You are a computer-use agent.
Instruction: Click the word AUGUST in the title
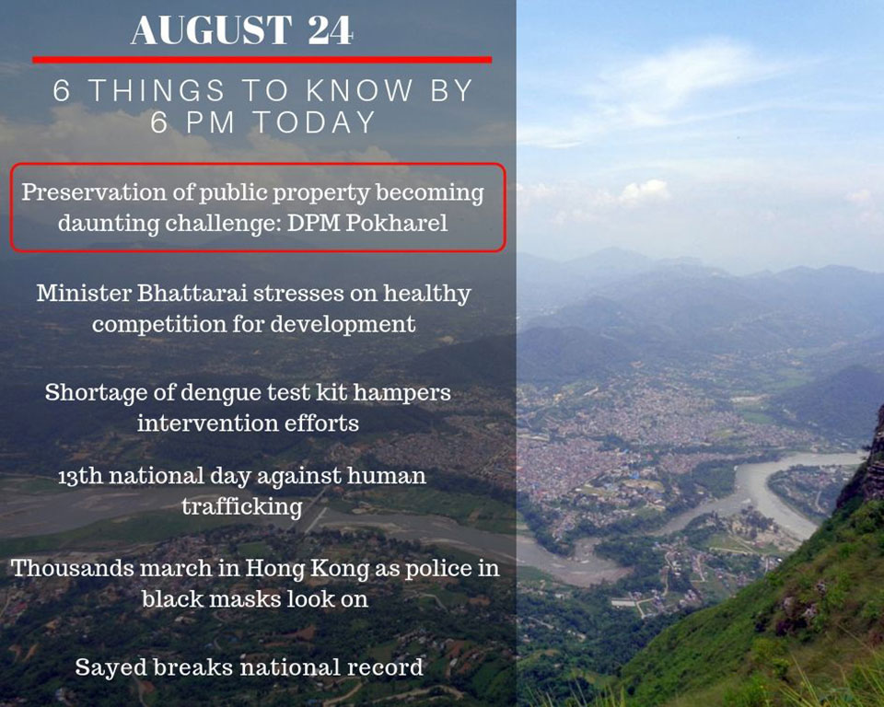click(212, 30)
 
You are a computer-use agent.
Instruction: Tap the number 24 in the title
click(331, 30)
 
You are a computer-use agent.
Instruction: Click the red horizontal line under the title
click(262, 59)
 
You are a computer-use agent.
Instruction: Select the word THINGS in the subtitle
click(157, 91)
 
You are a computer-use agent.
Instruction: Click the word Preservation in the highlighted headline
click(94, 192)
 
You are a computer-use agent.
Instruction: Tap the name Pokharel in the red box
click(396, 223)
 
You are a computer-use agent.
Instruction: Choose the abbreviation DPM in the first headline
click(313, 224)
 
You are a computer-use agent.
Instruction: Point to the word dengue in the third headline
click(219, 393)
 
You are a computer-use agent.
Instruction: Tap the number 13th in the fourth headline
click(80, 476)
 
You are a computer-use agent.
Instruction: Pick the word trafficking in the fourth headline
click(242, 507)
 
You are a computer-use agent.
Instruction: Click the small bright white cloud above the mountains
click(644, 192)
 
